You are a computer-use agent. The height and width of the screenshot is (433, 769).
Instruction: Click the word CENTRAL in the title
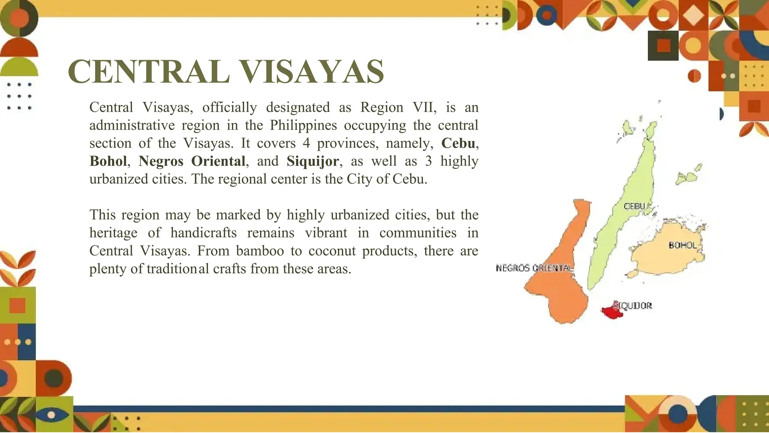point(148,72)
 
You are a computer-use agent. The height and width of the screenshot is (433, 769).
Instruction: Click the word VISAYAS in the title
point(311,72)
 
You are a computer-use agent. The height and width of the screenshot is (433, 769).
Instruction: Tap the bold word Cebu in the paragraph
point(458,143)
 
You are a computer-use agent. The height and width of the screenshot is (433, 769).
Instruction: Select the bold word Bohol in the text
point(108,161)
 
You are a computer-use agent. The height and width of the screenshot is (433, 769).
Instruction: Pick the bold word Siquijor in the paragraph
point(312,161)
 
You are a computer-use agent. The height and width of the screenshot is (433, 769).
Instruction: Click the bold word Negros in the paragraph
point(161,161)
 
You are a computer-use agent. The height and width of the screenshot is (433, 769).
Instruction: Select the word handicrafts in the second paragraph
point(204,233)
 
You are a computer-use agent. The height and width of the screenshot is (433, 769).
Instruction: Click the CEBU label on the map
point(634,206)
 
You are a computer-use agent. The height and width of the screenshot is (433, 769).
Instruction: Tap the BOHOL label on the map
point(682,245)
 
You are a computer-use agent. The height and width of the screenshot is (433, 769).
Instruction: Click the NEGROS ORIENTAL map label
point(534,268)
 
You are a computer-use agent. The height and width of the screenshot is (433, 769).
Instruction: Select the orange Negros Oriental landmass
point(559,293)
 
